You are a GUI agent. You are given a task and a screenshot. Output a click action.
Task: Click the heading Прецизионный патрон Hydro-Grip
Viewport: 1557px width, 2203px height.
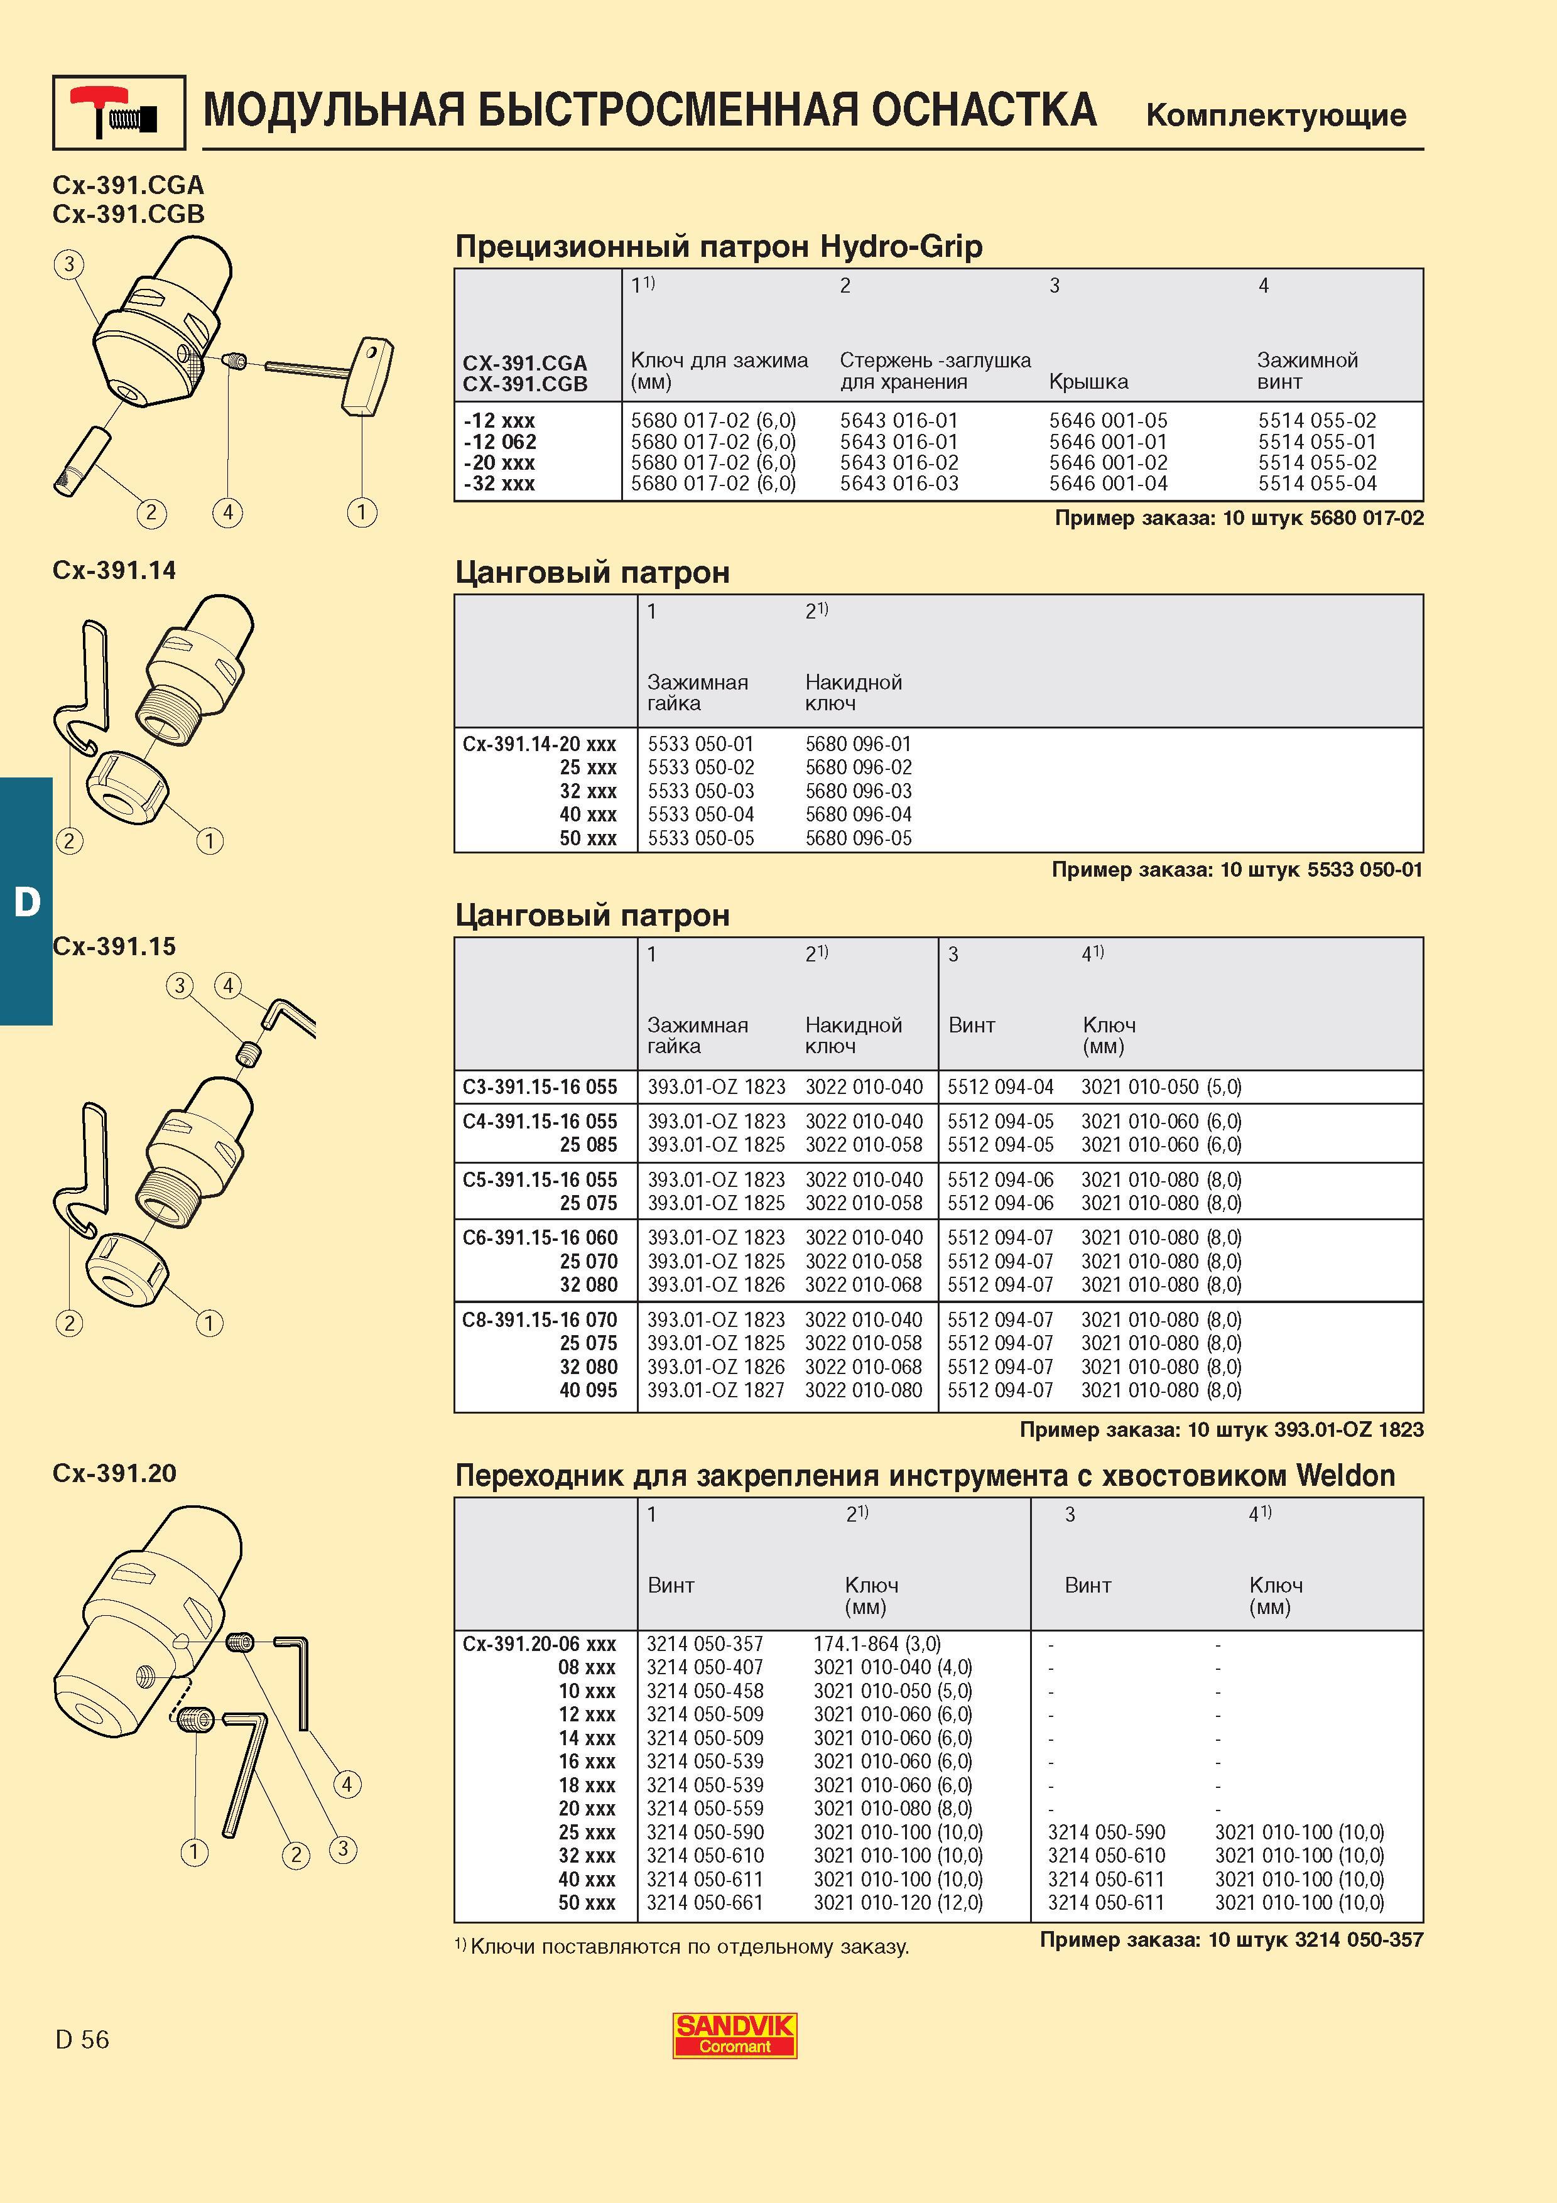(x=719, y=247)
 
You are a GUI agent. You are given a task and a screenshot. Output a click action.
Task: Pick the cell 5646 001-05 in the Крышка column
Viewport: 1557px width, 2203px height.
(x=1108, y=420)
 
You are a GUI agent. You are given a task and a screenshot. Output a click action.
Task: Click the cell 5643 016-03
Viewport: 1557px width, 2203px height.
(x=899, y=484)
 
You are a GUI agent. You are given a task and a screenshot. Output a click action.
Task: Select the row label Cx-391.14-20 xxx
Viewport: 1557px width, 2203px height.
(x=539, y=744)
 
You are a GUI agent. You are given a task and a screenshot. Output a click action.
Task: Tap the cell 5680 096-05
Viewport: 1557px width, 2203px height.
(x=859, y=838)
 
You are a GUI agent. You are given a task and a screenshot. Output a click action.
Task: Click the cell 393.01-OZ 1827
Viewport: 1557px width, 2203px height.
(x=715, y=1390)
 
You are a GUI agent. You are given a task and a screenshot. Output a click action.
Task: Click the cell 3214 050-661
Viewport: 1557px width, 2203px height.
(x=705, y=1903)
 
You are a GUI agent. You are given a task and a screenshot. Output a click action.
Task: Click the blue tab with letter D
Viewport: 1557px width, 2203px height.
(x=26, y=901)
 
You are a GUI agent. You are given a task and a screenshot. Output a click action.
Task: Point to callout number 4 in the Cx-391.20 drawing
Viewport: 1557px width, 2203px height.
(x=346, y=1785)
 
